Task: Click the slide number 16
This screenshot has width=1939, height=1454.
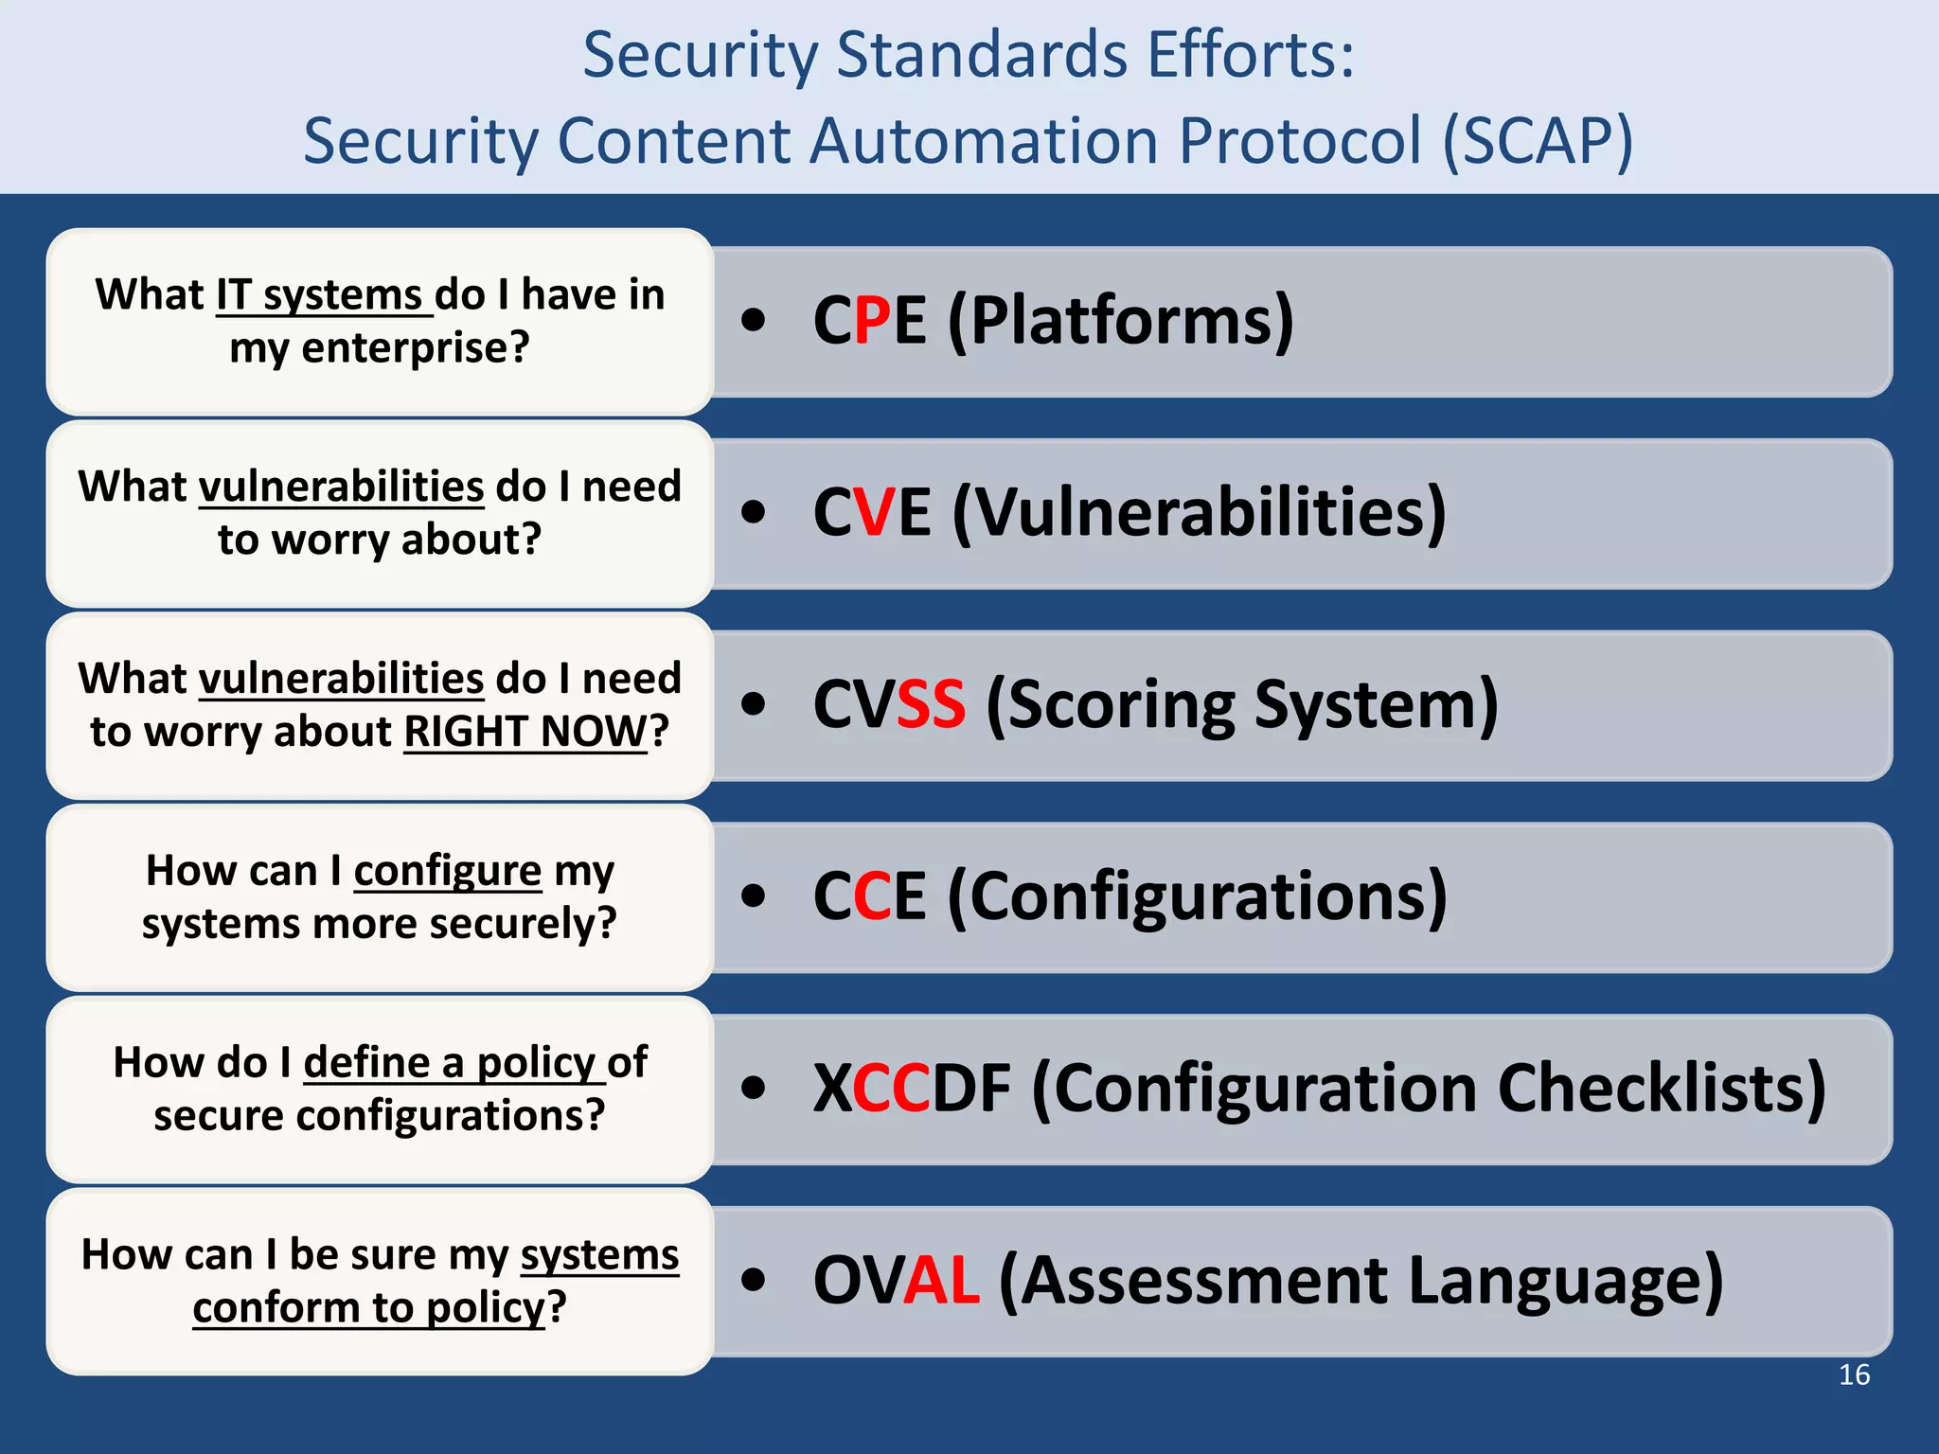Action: [1854, 1374]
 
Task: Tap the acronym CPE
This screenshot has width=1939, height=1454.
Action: [869, 320]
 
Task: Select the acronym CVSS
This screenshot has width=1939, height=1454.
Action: [889, 704]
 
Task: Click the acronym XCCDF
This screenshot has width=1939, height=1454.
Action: [912, 1088]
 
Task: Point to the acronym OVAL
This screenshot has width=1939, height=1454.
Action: [896, 1280]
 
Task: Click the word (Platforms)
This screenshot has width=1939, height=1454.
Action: [1121, 322]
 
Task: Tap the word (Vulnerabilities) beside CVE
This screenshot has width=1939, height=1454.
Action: [1200, 513]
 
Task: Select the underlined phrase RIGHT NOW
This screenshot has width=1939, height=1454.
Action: [525, 732]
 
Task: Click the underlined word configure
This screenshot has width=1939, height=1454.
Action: [447, 871]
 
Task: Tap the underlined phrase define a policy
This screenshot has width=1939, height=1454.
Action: [450, 1062]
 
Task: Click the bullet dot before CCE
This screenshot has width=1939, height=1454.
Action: [753, 895]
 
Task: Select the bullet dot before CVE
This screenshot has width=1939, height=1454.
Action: [753, 512]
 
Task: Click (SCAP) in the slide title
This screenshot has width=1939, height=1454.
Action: [1538, 141]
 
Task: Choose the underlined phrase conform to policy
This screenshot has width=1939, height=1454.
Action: [369, 1308]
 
